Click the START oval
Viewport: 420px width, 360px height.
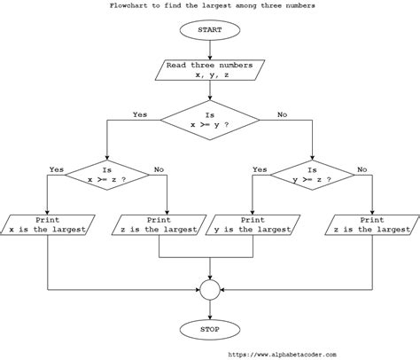coord(210,30)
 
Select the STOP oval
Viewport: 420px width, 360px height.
coord(210,330)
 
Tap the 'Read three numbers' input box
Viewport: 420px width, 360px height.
coord(210,70)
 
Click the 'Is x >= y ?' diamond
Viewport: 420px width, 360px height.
coord(210,120)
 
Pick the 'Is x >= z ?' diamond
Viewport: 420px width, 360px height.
coord(107,175)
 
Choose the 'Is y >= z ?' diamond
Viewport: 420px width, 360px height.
coord(312,175)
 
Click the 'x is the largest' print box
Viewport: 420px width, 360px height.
coord(47,225)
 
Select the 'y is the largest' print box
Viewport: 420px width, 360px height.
coord(253,225)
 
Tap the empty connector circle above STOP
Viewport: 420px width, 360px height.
coord(210,290)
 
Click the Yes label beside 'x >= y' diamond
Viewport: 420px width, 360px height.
coord(140,114)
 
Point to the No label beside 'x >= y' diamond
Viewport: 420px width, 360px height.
coord(282,114)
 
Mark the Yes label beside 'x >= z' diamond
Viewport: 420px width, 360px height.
coord(57,169)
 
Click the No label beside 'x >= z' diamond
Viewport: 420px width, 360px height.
coord(159,169)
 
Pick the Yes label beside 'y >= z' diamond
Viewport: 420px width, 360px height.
coord(260,169)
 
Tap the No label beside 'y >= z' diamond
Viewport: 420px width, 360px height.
coord(362,169)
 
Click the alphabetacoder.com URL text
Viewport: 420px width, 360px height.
coord(283,355)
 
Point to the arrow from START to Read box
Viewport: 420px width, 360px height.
coord(210,51)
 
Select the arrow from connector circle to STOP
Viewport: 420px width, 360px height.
coord(210,309)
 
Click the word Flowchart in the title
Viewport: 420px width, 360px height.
coord(128,5)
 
